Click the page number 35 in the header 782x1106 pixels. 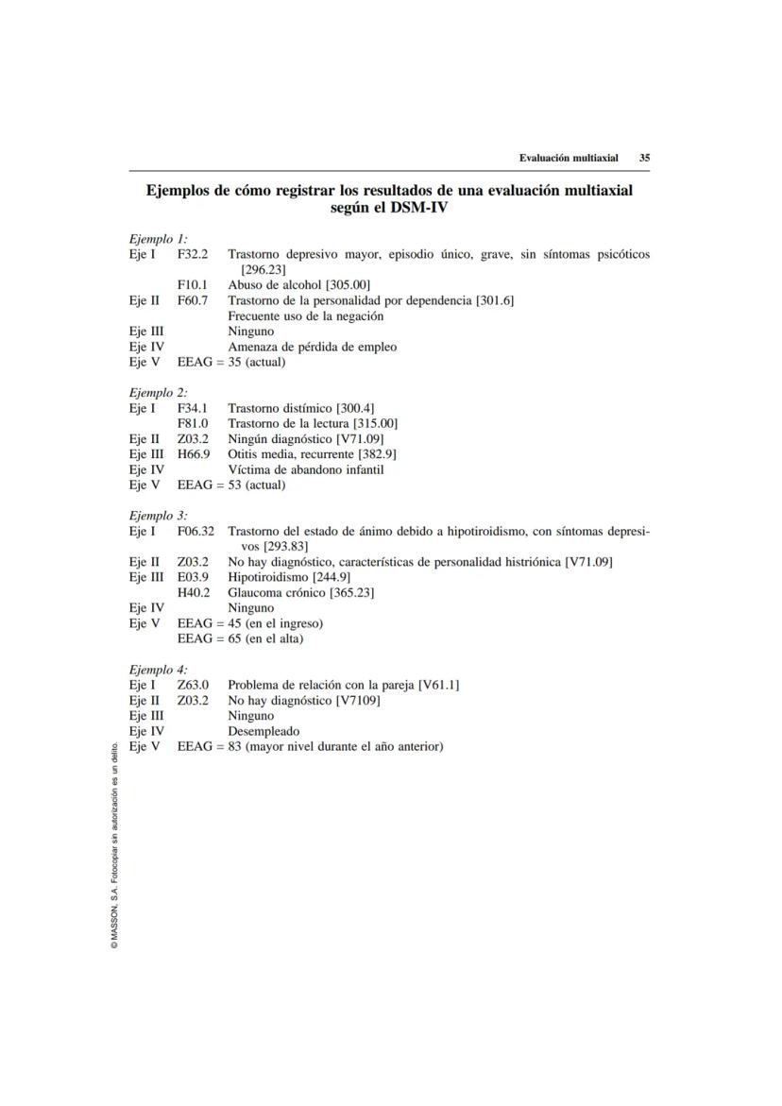[644, 158]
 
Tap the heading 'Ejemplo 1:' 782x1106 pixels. [158, 239]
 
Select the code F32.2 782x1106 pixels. [193, 255]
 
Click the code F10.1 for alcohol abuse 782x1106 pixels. [193, 285]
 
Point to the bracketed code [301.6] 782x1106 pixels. [494, 300]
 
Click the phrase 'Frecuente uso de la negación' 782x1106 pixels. [306, 316]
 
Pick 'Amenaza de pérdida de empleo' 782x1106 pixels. [312, 347]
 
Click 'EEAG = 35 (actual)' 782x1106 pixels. [231, 362]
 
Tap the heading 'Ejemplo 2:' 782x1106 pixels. [158, 392]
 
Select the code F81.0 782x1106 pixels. [193, 423]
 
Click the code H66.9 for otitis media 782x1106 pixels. [194, 453]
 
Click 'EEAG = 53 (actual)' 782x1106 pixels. [231, 485]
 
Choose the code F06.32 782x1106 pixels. [195, 531]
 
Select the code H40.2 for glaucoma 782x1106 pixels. [194, 592]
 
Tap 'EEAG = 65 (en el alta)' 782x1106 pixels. [240, 638]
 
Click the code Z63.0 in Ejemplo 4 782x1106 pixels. [193, 685]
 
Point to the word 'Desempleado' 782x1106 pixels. [263, 731]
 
